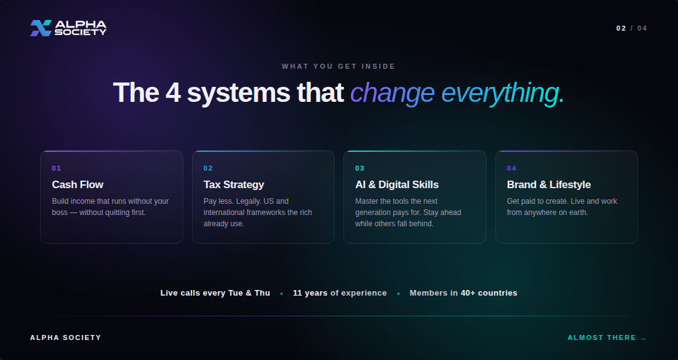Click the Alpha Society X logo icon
41,28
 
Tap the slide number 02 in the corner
621,29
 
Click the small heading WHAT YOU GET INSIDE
338,66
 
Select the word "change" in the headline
392,93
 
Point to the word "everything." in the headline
503,93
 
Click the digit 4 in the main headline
173,92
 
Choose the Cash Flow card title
78,184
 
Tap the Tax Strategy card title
233,184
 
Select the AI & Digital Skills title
397,184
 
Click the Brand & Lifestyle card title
549,184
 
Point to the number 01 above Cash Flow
57,168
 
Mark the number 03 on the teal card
360,168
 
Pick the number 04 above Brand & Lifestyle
512,168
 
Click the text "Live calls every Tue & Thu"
215,293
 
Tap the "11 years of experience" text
340,293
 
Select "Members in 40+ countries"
463,293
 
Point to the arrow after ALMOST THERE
644,338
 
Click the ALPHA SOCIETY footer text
66,337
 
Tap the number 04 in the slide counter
642,29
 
